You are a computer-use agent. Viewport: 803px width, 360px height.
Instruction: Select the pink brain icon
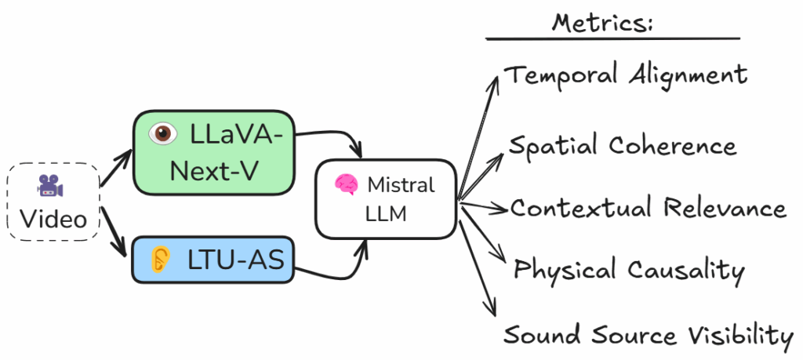tap(345, 185)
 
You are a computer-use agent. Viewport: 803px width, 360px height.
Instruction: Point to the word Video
tap(53, 219)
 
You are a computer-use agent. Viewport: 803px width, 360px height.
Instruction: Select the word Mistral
tap(401, 185)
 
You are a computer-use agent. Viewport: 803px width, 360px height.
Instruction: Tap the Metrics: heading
tap(602, 21)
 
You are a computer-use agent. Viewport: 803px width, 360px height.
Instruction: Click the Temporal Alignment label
tap(625, 76)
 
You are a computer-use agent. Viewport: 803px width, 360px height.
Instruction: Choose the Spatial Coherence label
tap(623, 147)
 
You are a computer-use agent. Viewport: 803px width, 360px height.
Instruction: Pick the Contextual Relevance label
tap(648, 209)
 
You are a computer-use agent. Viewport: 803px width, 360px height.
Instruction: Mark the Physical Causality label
tap(628, 271)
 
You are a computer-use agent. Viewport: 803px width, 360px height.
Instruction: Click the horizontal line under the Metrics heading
tap(612, 38)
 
